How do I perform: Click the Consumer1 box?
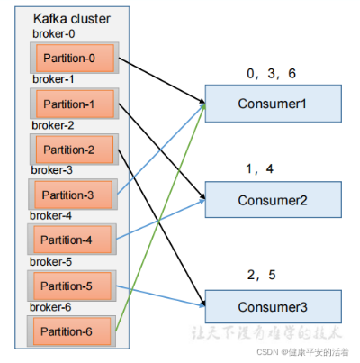273,104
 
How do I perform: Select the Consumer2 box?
273,199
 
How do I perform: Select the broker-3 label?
52,169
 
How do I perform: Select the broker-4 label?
52,215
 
